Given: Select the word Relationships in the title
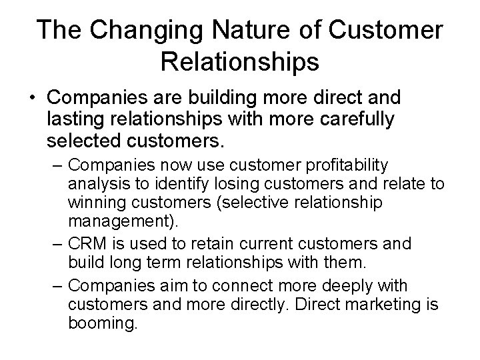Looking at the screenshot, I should [239, 62].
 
